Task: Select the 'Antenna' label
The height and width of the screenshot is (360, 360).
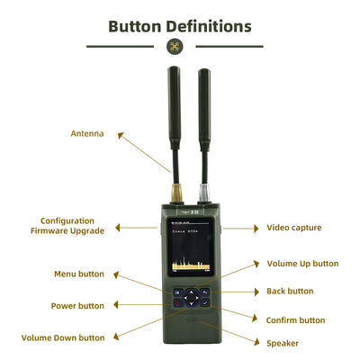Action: pos(87,134)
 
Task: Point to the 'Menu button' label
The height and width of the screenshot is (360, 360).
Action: pos(79,274)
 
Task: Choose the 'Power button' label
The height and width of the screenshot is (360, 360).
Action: pos(77,306)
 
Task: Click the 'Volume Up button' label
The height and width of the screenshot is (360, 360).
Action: pos(302,264)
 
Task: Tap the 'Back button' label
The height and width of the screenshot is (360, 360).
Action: pos(290,291)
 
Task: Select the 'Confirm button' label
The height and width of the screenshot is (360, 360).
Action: pos(295,319)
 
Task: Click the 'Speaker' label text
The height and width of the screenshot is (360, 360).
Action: pos(283,343)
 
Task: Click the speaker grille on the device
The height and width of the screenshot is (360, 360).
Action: pos(190,319)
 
